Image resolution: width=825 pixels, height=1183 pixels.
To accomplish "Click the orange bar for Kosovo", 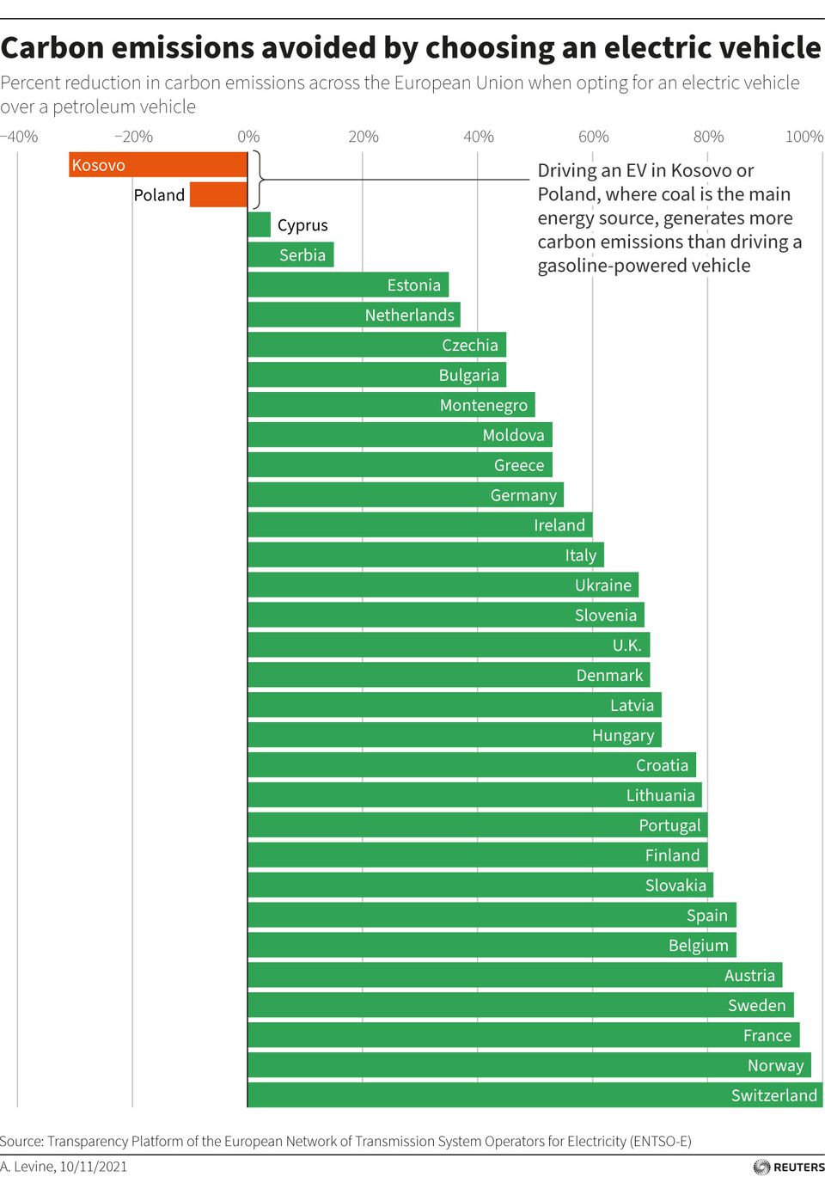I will (x=158, y=165).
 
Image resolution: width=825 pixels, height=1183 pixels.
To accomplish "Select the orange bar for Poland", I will (x=218, y=195).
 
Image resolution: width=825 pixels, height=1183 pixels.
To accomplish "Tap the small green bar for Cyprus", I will (x=259, y=225).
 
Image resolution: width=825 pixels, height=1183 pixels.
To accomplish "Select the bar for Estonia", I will (x=348, y=285).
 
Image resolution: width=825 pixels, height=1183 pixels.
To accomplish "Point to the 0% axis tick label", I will (x=248, y=137).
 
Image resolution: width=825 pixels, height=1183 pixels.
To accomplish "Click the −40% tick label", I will (x=19, y=137).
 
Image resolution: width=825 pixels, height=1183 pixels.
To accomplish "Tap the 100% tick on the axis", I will (x=804, y=137).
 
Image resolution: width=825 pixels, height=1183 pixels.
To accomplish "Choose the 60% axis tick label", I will (x=593, y=137).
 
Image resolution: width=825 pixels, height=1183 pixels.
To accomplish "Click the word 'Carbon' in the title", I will (x=53, y=48).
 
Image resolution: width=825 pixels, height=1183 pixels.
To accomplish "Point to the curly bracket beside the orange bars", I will (x=257, y=180).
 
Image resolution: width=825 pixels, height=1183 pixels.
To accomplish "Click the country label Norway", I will (x=775, y=1066).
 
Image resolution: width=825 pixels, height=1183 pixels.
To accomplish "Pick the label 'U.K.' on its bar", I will (x=626, y=646).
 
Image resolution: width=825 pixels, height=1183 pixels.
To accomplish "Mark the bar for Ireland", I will (x=419, y=525).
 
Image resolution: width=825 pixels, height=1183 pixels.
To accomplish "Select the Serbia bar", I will (x=290, y=255).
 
